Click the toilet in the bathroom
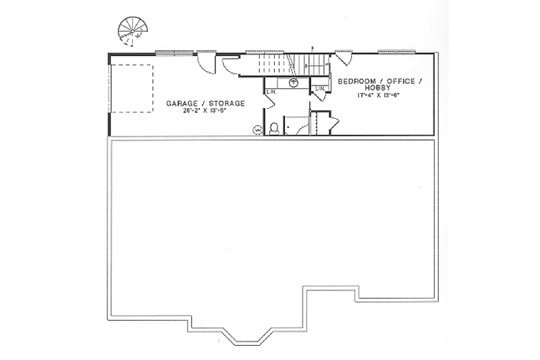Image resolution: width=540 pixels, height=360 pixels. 274,128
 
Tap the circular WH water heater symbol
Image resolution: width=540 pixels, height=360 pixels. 257,129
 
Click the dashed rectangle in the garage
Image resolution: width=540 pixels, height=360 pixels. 132,88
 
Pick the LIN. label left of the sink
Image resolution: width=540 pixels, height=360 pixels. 272,91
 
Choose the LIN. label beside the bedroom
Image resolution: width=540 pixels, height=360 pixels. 319,88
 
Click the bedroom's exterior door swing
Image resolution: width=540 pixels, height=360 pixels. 342,59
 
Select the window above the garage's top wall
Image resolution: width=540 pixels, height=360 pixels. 171,52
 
